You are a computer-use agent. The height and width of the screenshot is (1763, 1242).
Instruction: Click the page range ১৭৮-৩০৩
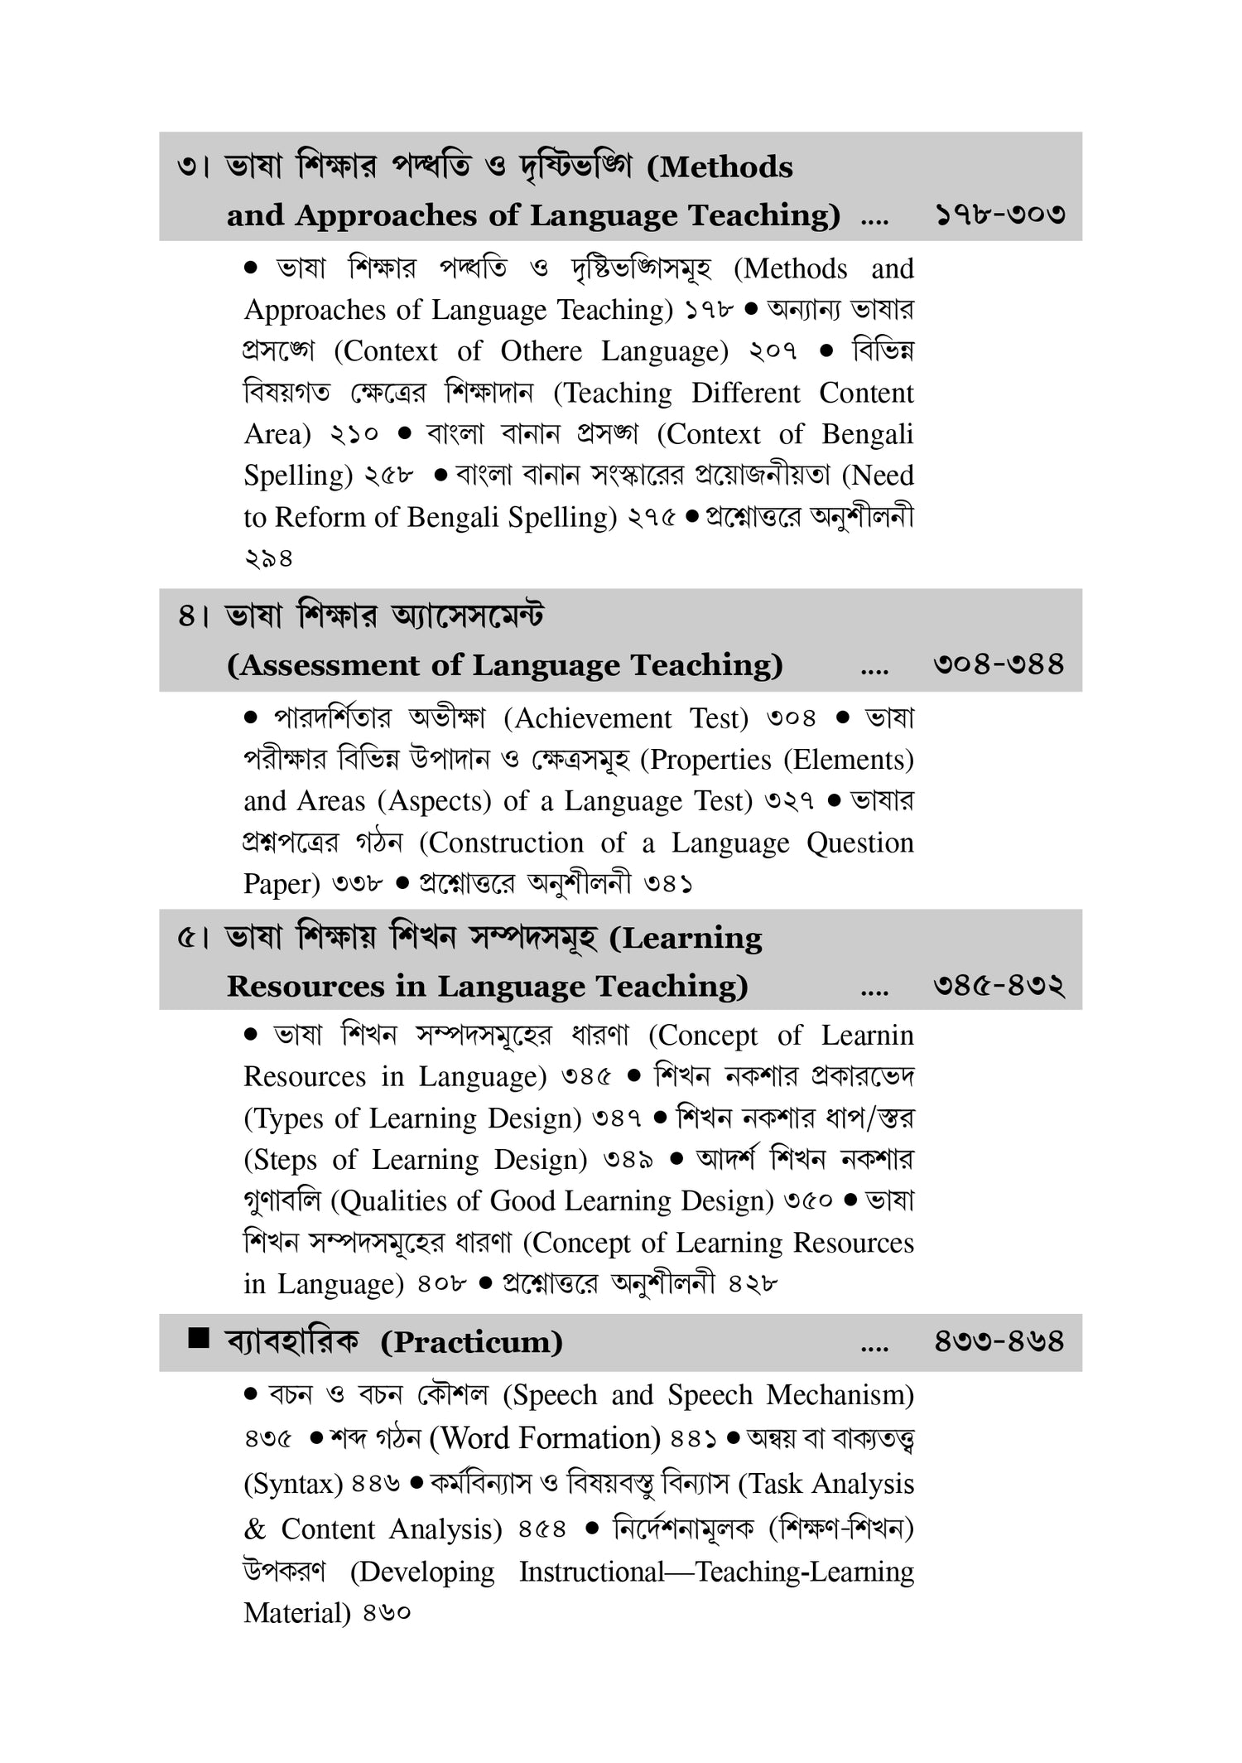(x=1000, y=215)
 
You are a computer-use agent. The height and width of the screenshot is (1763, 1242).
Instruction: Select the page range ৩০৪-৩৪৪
(x=999, y=664)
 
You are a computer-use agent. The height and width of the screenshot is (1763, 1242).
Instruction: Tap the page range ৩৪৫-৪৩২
(x=999, y=986)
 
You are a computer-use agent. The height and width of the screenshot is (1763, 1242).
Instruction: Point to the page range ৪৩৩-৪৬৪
(x=999, y=1341)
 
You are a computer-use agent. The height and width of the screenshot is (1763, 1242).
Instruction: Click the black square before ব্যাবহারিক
(x=198, y=1338)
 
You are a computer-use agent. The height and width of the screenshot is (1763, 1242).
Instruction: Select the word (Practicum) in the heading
(x=471, y=1342)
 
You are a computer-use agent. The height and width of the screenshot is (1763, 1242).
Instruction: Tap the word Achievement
(x=593, y=718)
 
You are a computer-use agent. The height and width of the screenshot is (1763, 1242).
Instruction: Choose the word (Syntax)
(x=293, y=1484)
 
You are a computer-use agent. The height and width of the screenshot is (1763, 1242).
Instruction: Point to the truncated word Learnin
(x=867, y=1036)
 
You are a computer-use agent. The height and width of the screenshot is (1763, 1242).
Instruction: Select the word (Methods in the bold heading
(x=719, y=167)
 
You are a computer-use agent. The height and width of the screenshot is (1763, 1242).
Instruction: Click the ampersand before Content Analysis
(x=255, y=1529)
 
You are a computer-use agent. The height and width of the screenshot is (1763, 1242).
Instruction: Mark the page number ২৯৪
(x=268, y=559)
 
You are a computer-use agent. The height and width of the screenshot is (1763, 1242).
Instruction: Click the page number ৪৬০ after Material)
(x=387, y=1614)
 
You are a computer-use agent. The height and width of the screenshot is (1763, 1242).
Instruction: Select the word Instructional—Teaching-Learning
(x=716, y=1572)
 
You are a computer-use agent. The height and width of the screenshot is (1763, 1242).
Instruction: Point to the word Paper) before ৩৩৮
(x=282, y=885)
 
